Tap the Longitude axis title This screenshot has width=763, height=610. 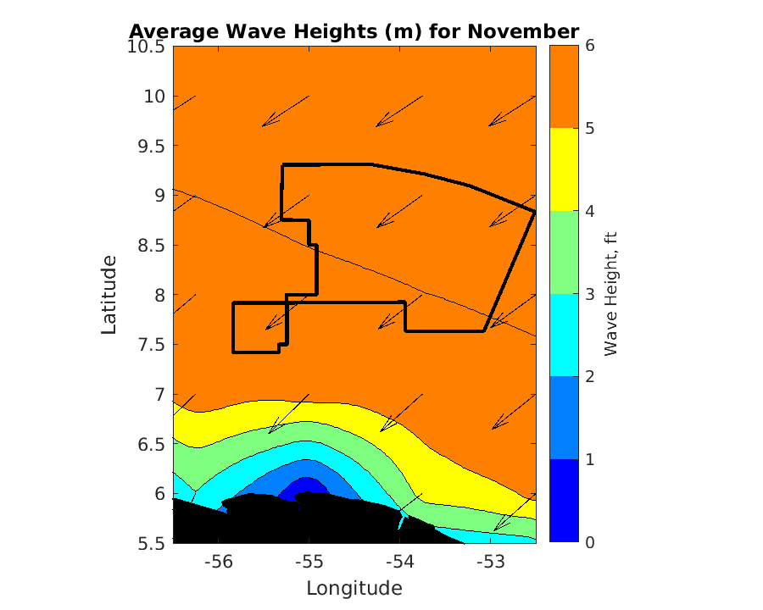[354, 588]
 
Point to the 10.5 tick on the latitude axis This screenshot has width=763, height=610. [147, 47]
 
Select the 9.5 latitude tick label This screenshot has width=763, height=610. [152, 146]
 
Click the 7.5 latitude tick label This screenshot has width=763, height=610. [152, 345]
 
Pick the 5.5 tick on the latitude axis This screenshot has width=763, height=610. [152, 543]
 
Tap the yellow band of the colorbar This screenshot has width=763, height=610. [564, 169]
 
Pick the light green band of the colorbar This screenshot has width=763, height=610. [564, 252]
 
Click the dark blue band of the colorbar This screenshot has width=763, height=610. [564, 500]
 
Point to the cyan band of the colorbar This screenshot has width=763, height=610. [564, 335]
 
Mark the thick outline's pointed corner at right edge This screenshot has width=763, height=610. [534, 211]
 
